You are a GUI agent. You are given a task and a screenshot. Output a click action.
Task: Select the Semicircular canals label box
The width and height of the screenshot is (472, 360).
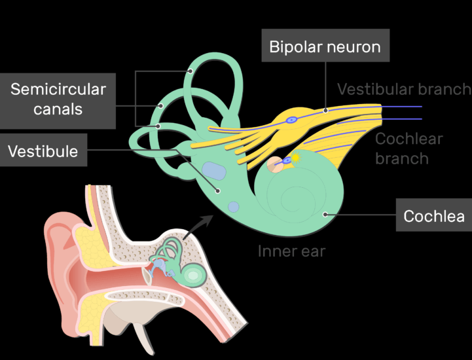point(58,99)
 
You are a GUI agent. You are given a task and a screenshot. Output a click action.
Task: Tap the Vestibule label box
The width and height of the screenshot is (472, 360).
point(43,151)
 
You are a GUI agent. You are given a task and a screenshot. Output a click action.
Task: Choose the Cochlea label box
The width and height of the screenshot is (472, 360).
point(433,216)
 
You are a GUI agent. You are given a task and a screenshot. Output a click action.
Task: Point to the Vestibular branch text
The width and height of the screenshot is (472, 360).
point(403,89)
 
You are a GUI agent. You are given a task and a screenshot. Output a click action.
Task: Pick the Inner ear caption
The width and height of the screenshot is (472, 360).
point(291,251)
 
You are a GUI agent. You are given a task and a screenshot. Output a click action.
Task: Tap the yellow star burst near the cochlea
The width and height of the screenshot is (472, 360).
point(295,158)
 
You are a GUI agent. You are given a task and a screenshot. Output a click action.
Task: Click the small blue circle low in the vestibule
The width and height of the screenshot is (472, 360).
point(233,207)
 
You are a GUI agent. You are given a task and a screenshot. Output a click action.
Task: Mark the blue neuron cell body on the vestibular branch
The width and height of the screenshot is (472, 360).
point(292,120)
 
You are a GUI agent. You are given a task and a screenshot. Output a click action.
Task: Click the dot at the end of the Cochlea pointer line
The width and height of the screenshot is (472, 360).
point(324,213)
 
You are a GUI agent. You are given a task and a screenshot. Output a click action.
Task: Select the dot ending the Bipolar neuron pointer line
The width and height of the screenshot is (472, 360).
point(326,111)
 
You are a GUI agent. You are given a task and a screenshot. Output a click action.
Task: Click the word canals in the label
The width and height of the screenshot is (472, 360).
point(58,109)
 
